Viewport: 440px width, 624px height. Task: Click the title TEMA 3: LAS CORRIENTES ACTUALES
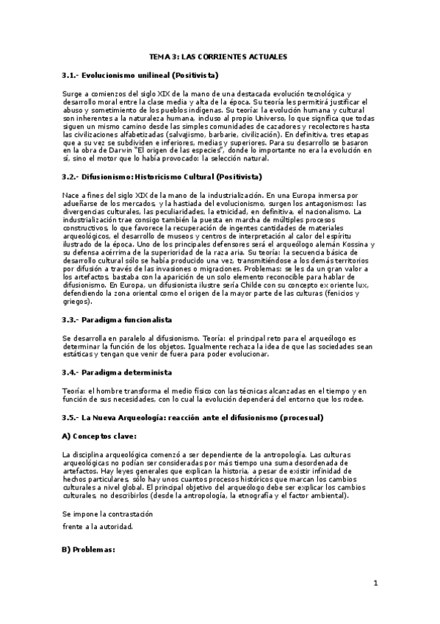pos(218,56)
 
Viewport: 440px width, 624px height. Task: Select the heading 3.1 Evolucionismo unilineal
pos(140,76)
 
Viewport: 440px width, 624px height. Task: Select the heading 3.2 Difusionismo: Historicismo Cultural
pos(162,177)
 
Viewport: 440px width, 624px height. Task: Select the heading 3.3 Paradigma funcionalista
pos(117,321)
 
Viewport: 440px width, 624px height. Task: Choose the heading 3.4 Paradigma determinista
pos(117,372)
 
